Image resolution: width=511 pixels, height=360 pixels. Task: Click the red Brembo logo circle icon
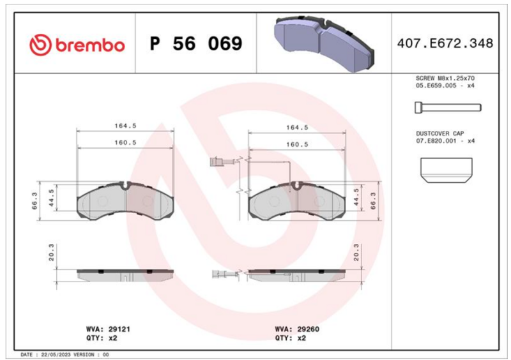[x=40, y=44]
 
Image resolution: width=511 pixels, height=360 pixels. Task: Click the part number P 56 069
[x=196, y=43]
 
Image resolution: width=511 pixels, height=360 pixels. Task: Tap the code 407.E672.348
[x=445, y=43]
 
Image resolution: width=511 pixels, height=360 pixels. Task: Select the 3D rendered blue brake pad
[x=324, y=43]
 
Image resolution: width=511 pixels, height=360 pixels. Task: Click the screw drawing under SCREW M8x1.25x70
[x=448, y=107]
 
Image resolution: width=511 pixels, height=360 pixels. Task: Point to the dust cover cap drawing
[x=446, y=170]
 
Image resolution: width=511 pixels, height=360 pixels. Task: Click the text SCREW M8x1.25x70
[x=445, y=78]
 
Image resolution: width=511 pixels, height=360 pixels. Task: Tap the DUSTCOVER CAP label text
[x=440, y=133]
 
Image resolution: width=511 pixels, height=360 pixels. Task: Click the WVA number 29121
[x=119, y=329]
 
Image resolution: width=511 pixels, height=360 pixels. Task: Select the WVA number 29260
[x=308, y=329]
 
